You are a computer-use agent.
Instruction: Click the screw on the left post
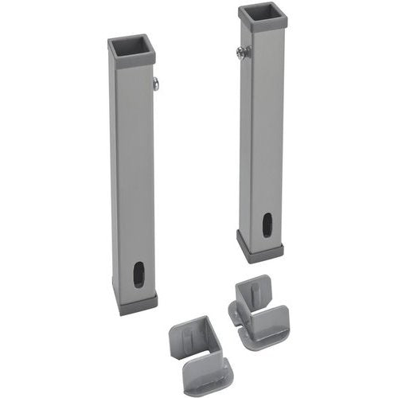[x=156, y=82]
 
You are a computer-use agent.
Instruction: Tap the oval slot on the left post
[x=139, y=275]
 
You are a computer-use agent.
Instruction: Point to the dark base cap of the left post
[x=137, y=303]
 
